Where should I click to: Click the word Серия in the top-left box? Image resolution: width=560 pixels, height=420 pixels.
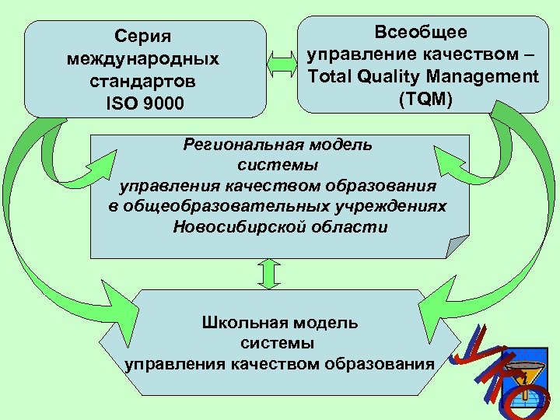pyautogui.click(x=144, y=37)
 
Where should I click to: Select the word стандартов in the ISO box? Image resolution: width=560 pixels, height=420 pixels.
pyautogui.click(x=144, y=81)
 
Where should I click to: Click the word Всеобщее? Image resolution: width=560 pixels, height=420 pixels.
pyautogui.click(x=422, y=33)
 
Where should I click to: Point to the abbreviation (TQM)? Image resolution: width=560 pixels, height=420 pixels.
pyautogui.click(x=422, y=100)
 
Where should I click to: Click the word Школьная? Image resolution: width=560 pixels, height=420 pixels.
pyautogui.click(x=240, y=322)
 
